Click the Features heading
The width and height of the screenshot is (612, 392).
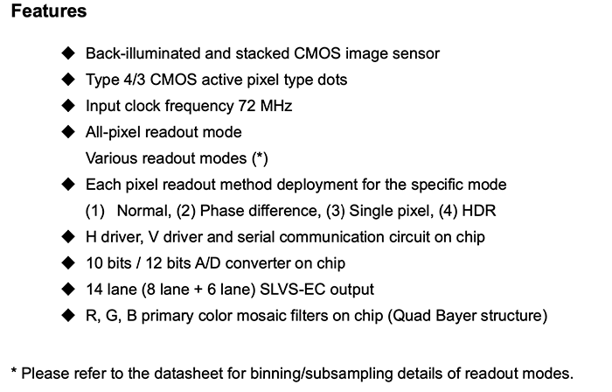coord(48,12)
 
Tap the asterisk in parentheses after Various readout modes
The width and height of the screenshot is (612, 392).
coord(260,159)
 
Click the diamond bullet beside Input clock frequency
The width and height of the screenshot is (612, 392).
coord(69,107)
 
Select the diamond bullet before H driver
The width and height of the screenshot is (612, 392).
coord(69,237)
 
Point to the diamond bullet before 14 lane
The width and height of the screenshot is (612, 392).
coord(69,289)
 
